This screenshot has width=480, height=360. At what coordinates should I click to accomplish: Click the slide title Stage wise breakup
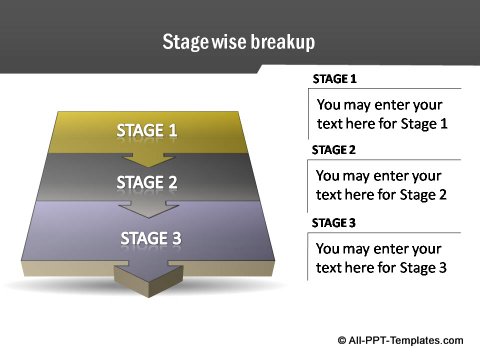pyautogui.click(x=239, y=42)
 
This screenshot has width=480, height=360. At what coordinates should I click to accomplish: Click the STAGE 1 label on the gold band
pyautogui.click(x=147, y=130)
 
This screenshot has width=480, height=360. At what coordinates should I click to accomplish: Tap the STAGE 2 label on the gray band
pyautogui.click(x=147, y=182)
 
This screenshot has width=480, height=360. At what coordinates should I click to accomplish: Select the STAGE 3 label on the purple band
pyautogui.click(x=151, y=238)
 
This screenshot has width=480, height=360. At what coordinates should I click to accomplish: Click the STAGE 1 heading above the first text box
pyautogui.click(x=335, y=79)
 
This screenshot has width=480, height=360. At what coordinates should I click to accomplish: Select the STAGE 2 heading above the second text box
pyautogui.click(x=335, y=150)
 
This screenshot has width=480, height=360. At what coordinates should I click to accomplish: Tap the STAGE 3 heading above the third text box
pyautogui.click(x=335, y=222)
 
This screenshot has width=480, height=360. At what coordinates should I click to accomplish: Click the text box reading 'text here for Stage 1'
pyautogui.click(x=381, y=114)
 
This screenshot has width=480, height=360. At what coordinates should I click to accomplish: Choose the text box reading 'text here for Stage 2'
pyautogui.click(x=381, y=185)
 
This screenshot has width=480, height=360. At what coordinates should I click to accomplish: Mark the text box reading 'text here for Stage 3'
pyautogui.click(x=381, y=257)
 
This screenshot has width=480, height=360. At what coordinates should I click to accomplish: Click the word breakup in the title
pyautogui.click(x=284, y=42)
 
